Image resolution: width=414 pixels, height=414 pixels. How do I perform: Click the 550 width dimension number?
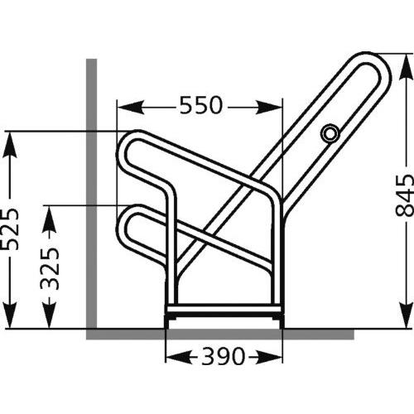tap(200, 106)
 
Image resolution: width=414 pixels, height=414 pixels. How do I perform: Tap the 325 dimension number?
tap(51, 267)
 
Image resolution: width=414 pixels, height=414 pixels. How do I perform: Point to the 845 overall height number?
tap(403, 194)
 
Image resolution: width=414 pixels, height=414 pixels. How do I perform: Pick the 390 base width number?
tap(223, 357)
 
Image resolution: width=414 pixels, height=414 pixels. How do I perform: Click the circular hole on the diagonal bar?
tap(330, 132)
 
